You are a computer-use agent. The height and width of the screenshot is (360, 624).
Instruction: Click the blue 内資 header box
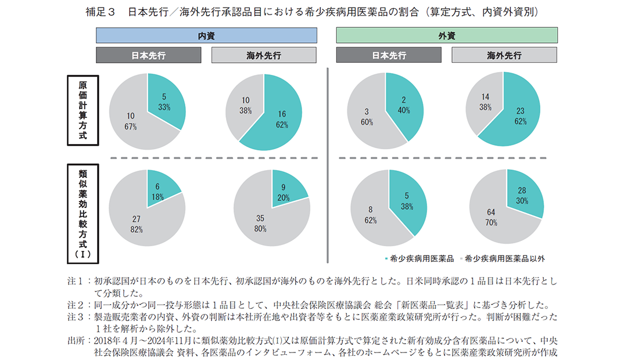tap(206, 35)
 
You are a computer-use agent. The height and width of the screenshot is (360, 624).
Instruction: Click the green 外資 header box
tap(446, 35)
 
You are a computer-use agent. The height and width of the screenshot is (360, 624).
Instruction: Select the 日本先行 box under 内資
tap(148, 55)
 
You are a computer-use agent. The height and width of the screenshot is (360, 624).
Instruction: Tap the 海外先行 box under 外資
tap(504, 55)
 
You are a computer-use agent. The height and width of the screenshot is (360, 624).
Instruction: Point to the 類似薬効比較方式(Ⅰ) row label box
tap(81, 213)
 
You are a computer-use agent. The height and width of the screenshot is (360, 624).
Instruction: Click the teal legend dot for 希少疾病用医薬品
tap(387, 258)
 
